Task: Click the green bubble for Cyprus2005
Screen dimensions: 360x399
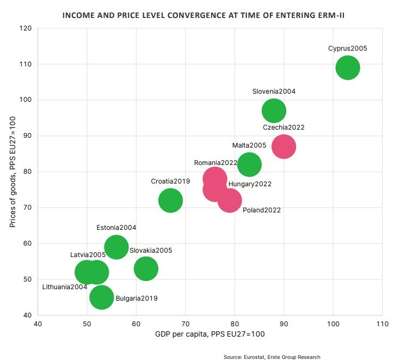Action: (348, 68)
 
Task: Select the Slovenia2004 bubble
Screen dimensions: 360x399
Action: (274, 111)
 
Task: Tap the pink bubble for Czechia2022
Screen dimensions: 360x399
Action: (284, 147)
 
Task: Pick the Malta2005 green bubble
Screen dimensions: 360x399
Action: (249, 164)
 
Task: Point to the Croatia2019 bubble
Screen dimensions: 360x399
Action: (170, 200)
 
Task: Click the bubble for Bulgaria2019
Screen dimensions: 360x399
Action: (102, 297)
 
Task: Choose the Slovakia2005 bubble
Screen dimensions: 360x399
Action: (146, 269)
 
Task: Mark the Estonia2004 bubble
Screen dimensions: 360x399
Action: (116, 247)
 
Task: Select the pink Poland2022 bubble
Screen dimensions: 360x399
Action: (230, 200)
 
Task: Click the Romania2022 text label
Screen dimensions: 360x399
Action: (216, 162)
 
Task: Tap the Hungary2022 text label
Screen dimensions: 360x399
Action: (250, 184)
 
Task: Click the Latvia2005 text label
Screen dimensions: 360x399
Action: (88, 254)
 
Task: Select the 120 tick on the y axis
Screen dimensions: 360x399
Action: (26, 28)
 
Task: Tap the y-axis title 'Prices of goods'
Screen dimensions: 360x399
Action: (13, 172)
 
